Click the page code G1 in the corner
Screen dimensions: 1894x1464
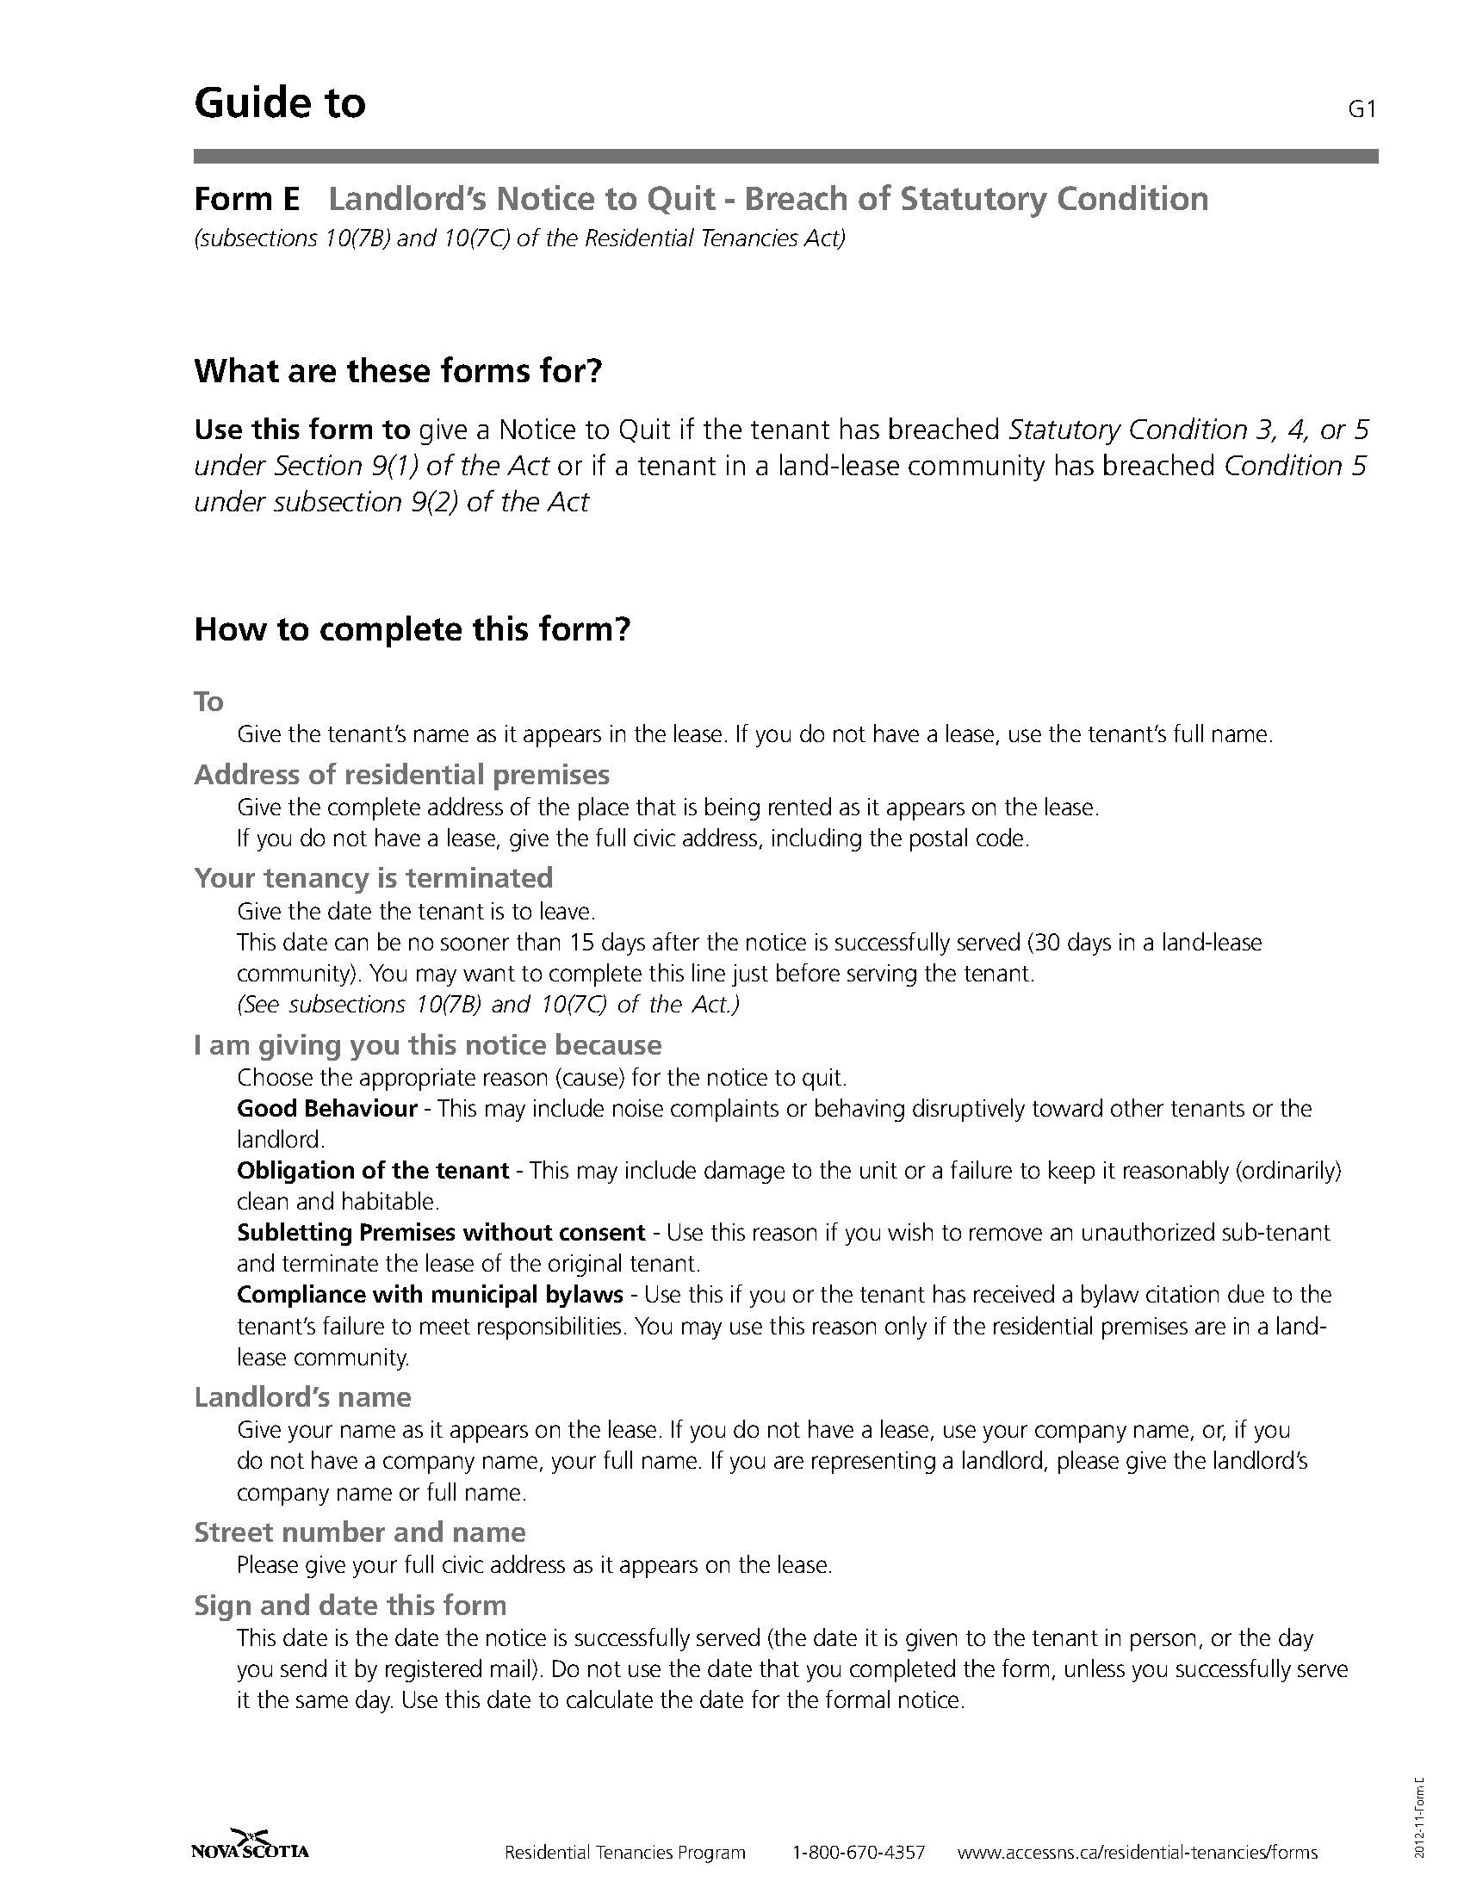click(1362, 110)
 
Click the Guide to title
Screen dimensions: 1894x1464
click(280, 102)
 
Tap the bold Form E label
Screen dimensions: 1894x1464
click(246, 200)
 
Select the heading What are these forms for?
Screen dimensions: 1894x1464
click(398, 371)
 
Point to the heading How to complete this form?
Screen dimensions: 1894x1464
click(412, 628)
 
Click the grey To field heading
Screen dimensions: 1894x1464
click(209, 701)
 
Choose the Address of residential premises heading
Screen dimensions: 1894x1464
click(401, 774)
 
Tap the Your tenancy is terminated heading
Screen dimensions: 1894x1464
click(373, 877)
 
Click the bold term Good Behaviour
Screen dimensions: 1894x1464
click(327, 1108)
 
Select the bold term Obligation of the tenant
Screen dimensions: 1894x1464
click(373, 1171)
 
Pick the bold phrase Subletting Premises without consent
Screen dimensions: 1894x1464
click(441, 1232)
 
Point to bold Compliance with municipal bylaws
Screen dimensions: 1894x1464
click(431, 1295)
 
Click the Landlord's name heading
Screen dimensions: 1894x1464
click(302, 1397)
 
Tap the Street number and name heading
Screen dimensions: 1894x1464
click(360, 1532)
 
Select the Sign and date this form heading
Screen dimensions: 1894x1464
click(350, 1606)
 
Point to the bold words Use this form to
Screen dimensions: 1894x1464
click(301, 430)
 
